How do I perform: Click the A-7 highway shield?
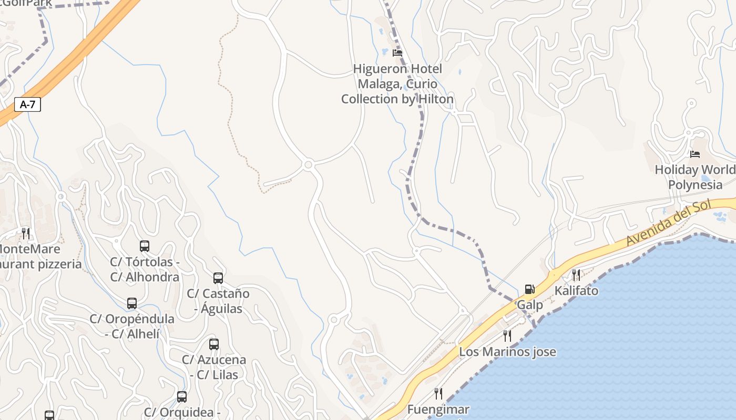coord(27,104)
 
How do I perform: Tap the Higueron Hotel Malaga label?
coord(397,84)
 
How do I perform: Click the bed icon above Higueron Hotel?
coord(397,52)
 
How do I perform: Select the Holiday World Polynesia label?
coord(695,177)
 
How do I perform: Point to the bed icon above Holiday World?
coord(695,154)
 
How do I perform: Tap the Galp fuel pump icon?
coord(529,289)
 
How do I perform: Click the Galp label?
coord(530,305)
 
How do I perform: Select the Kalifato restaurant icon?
coord(576,275)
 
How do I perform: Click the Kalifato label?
coord(576,290)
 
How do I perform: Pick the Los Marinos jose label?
coord(507,352)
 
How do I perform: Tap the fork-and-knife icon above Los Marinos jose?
coord(507,335)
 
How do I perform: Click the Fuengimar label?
coord(438,409)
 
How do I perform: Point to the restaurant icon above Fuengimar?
coord(438,393)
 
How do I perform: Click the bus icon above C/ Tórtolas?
coord(145,246)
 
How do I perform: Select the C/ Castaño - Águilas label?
coord(218,301)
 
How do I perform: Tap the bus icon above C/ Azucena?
coord(214,344)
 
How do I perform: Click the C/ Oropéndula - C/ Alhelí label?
coord(132,326)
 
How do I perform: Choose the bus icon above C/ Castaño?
coord(218,278)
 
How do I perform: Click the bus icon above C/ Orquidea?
coord(182,397)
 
